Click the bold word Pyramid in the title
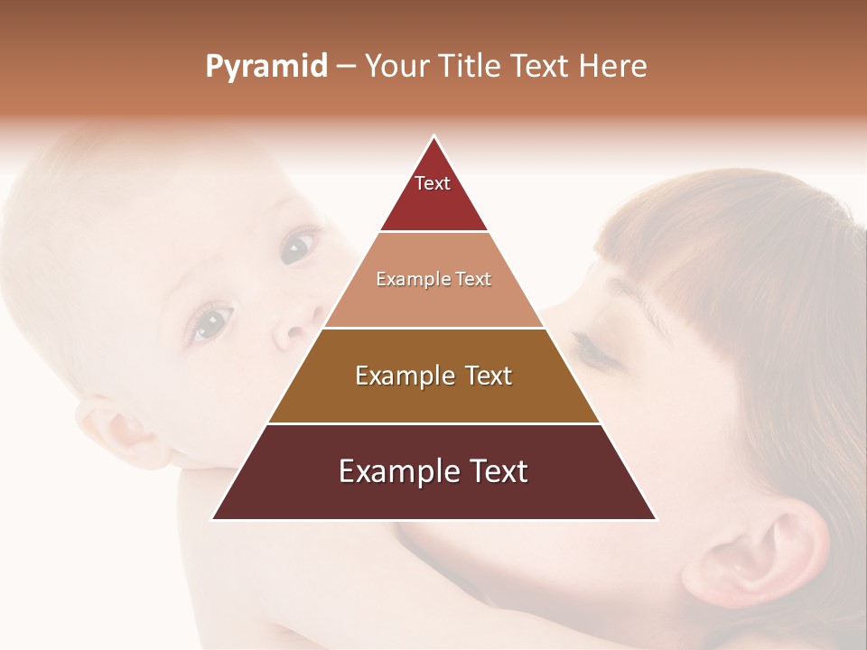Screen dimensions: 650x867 click(x=266, y=66)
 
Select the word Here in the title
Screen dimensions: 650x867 click(x=612, y=66)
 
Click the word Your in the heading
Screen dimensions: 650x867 click(x=398, y=66)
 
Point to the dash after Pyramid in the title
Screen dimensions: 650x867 click(x=346, y=67)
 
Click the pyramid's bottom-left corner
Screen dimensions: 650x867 click(x=213, y=518)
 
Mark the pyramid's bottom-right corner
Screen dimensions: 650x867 click(x=655, y=518)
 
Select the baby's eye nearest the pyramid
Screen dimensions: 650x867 click(x=298, y=246)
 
